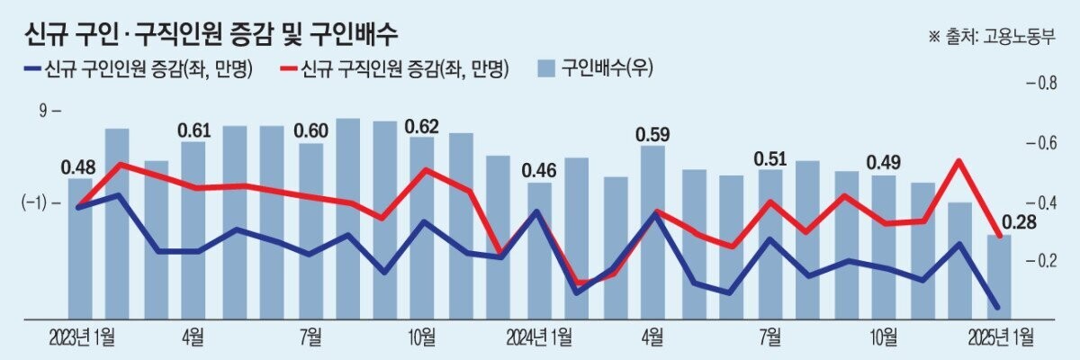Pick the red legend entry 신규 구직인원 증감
click(x=395, y=68)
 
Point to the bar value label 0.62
click(x=422, y=126)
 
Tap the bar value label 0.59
click(x=652, y=135)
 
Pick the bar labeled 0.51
click(x=769, y=243)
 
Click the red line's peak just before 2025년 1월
click(x=959, y=161)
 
